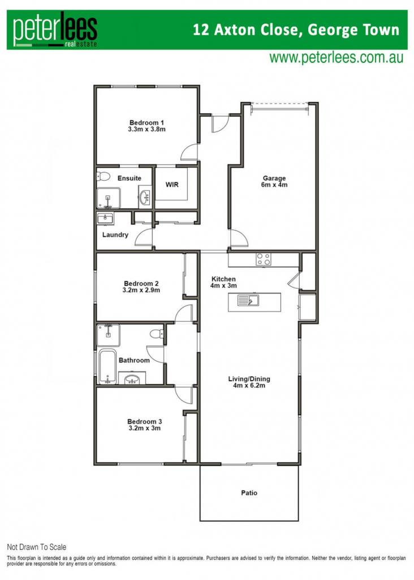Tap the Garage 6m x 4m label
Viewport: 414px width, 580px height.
pos(274,181)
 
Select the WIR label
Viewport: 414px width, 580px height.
pos(172,184)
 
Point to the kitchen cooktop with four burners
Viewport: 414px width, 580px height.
pos(264,259)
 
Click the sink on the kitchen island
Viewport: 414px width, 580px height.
pos(248,300)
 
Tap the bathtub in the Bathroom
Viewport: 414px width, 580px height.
pos(107,366)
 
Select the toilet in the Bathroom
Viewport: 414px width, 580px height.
pos(157,334)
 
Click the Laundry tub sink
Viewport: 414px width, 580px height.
pos(105,219)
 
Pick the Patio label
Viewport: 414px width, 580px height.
pos(249,493)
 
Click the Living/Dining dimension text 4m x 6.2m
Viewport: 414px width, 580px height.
pos(249,385)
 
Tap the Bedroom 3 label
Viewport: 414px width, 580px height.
pos(144,421)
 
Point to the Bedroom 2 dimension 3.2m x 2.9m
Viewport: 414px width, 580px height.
pos(141,290)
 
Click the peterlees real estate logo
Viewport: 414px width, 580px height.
pos(55,29)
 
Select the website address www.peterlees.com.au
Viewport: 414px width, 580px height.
pos(336,58)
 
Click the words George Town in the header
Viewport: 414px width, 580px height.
pos(353,29)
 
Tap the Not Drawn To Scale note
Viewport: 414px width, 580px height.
pos(37,547)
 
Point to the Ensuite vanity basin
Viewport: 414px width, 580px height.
pos(145,197)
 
